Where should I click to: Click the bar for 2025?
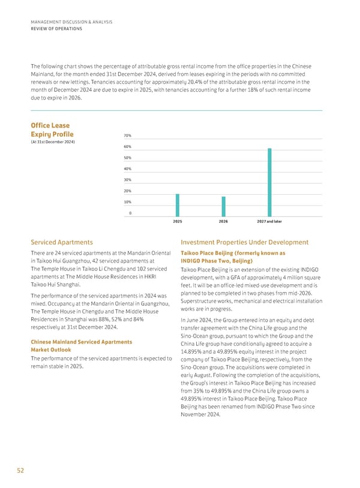[x=177, y=205]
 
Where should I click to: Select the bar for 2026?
[x=223, y=206]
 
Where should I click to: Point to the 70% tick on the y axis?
[x=127, y=135]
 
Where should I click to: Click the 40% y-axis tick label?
[x=127, y=169]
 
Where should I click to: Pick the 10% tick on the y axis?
[x=127, y=202]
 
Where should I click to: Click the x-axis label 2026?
[x=223, y=222]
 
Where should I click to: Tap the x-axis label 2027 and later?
[x=269, y=222]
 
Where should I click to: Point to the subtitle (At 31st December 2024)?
[x=52, y=141]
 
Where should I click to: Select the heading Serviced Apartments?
[x=61, y=242]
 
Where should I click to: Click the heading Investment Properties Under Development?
[x=244, y=242]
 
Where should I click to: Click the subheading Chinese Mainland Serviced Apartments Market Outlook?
[x=81, y=346]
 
